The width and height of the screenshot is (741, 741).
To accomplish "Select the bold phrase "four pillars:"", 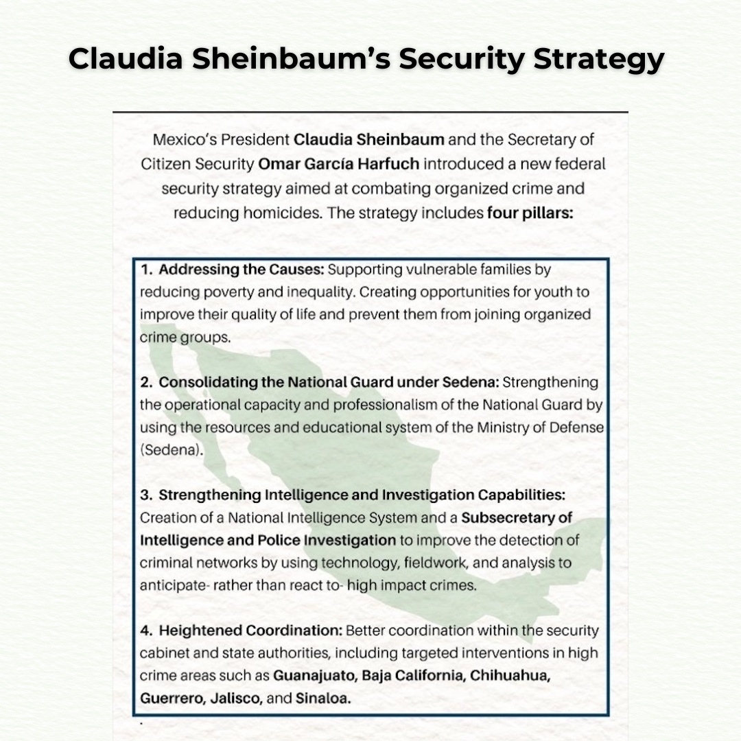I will pyautogui.click(x=530, y=213).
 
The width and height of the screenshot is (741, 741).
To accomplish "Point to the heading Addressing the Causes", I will pyautogui.click(x=238, y=270).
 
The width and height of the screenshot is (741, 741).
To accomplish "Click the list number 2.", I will pyautogui.click(x=146, y=382).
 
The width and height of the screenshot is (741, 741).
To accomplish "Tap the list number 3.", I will pyautogui.click(x=146, y=495).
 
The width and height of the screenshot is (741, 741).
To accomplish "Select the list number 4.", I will pyautogui.click(x=146, y=630).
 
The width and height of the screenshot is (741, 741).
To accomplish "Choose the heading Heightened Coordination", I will pyautogui.click(x=251, y=630).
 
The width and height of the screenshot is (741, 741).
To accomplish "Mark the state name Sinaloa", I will pyautogui.click(x=323, y=698).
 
